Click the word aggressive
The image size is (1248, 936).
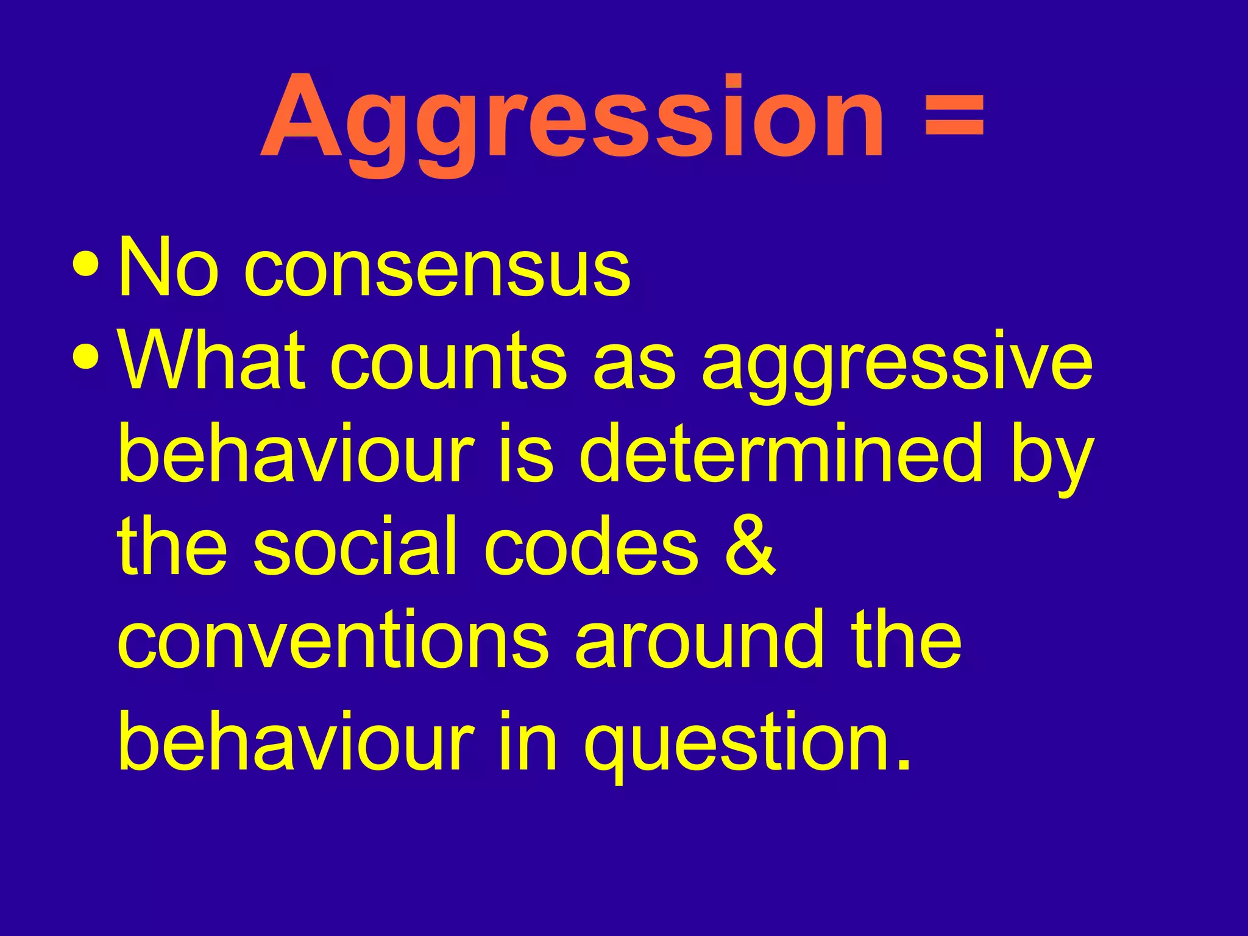click(897, 366)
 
